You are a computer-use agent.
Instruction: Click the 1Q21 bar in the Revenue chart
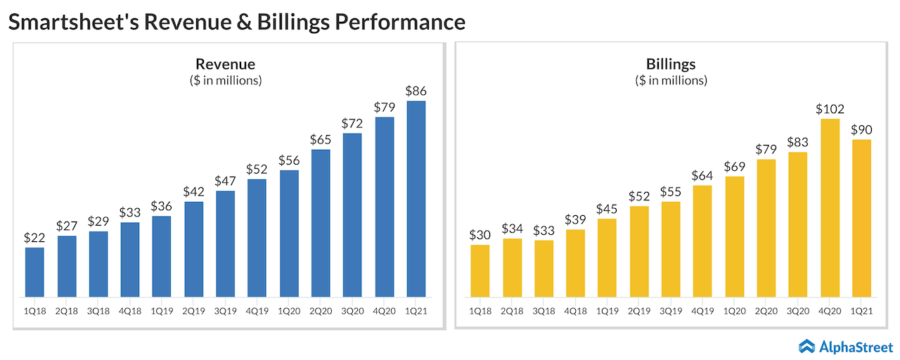pos(416,198)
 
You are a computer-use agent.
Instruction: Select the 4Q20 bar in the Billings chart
pos(830,207)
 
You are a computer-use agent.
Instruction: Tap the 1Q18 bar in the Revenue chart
pos(34,271)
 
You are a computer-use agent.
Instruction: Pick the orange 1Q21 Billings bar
pos(861,217)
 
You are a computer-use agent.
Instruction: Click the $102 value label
pos(830,109)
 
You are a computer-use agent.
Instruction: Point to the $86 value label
pos(416,91)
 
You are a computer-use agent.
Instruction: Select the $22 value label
pos(34,238)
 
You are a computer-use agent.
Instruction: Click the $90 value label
pos(861,130)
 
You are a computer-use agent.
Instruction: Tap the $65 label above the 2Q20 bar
pos(321,139)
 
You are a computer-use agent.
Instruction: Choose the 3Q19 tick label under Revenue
pos(225,309)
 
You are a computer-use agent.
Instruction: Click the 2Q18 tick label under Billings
pos(512,309)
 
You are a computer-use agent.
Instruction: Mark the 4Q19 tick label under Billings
pos(702,309)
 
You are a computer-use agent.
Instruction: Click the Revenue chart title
pos(225,65)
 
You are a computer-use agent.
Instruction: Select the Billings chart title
pos(671,65)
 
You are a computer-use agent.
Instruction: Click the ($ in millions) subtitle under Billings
pos(671,80)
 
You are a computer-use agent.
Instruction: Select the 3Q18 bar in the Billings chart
pos(544,268)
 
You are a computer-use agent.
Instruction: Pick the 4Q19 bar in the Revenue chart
pos(257,238)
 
